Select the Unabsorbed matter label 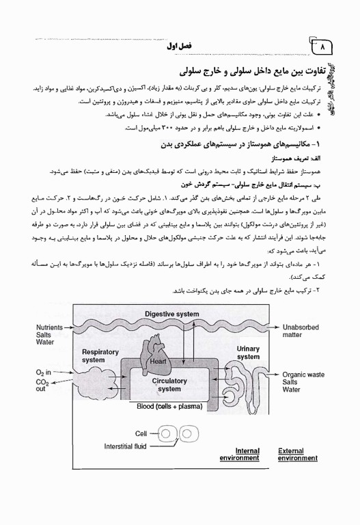(x=301, y=332)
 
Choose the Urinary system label (x=248, y=353)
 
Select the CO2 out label (x=44, y=384)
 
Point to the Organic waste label (x=303, y=375)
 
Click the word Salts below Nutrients (x=45, y=335)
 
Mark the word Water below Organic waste (x=292, y=390)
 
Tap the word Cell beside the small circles (x=141, y=433)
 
